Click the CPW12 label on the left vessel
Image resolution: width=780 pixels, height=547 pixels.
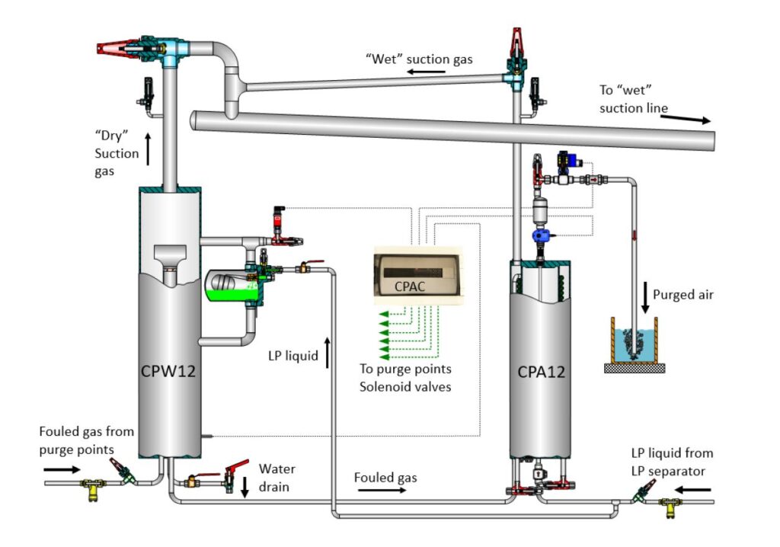pos(168,371)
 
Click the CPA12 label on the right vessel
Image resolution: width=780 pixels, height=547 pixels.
pos(542,372)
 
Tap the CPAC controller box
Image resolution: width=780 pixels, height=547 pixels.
pos(418,275)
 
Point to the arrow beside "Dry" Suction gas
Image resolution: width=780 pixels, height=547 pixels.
pos(148,149)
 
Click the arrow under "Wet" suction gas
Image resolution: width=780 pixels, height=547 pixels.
pos(426,72)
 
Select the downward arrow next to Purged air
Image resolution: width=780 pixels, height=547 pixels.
pos(644,298)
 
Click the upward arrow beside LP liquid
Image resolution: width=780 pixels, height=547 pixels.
pos(328,353)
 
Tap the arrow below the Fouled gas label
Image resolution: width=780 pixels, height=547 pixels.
pos(382,491)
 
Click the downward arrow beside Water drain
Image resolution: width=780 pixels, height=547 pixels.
pos(245,488)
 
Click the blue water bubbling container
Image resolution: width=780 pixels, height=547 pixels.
pos(635,344)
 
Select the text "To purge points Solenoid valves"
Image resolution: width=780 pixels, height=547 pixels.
pos(405,378)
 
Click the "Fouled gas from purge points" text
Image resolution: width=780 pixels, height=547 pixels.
pos(87,440)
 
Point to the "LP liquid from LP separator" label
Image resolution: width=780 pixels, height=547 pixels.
pos(672,462)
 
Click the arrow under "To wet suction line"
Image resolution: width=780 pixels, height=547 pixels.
pos(686,119)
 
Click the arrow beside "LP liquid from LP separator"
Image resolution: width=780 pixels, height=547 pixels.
pos(692,490)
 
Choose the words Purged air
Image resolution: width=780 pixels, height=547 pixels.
pos(683,295)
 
